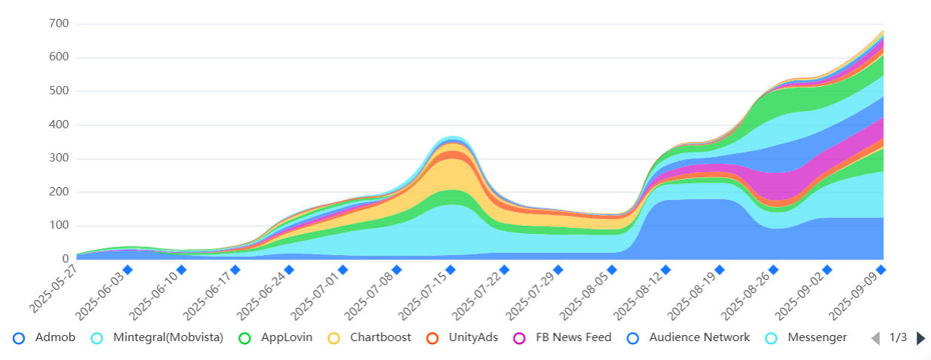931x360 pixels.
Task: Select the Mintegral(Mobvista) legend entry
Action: (x=158, y=337)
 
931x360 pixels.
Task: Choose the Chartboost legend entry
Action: (x=370, y=337)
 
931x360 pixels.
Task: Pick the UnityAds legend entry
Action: (x=462, y=337)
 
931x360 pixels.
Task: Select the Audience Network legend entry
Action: (x=689, y=337)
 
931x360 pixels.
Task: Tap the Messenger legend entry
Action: (x=807, y=337)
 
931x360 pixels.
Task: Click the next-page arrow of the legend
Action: (x=920, y=338)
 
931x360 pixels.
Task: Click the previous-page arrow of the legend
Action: (x=875, y=338)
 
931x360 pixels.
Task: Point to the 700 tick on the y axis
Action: (x=60, y=24)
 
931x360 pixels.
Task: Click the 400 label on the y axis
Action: (x=60, y=125)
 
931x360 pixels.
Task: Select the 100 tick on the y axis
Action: (x=60, y=226)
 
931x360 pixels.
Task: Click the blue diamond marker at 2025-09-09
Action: (x=881, y=269)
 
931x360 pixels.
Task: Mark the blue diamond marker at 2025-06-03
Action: (x=128, y=269)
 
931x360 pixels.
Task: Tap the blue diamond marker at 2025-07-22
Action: (x=504, y=269)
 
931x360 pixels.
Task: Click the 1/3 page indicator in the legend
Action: (x=898, y=337)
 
